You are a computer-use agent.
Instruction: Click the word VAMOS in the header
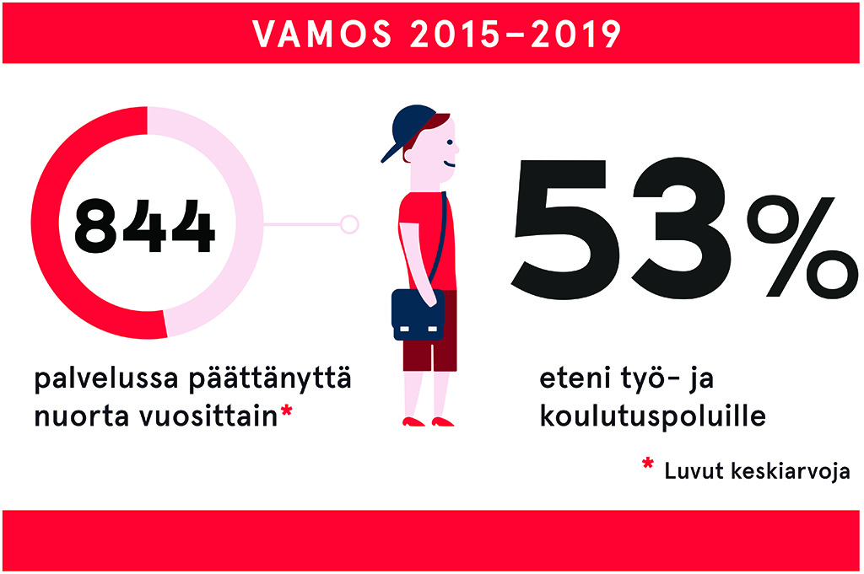(322, 34)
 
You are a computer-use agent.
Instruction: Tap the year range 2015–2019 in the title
(516, 34)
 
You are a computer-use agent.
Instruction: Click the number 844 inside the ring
(144, 226)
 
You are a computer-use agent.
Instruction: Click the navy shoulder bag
(417, 314)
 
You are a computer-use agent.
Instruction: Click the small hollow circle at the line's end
(349, 224)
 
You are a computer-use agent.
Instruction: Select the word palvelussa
(106, 379)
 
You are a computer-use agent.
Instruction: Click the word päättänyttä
(270, 379)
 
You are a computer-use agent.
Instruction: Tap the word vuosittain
(208, 416)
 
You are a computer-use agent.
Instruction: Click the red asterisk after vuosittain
(285, 410)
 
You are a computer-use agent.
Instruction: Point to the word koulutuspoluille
(653, 416)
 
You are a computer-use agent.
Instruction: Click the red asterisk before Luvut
(648, 464)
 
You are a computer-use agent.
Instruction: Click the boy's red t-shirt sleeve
(408, 209)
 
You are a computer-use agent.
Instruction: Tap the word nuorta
(81, 416)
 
